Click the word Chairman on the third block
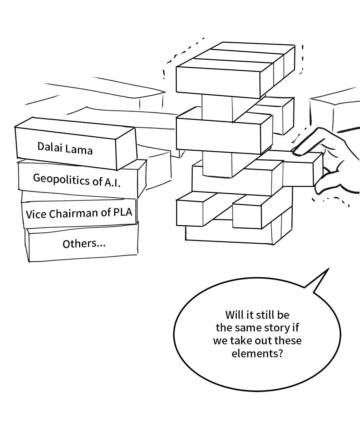[x=74, y=214]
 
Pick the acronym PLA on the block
[x=123, y=212]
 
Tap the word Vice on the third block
[x=36, y=214]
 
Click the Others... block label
[x=84, y=244]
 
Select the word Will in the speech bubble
[x=233, y=315]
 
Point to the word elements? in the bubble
[x=257, y=353]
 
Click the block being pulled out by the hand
[x=301, y=172]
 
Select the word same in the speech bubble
[x=248, y=328]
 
